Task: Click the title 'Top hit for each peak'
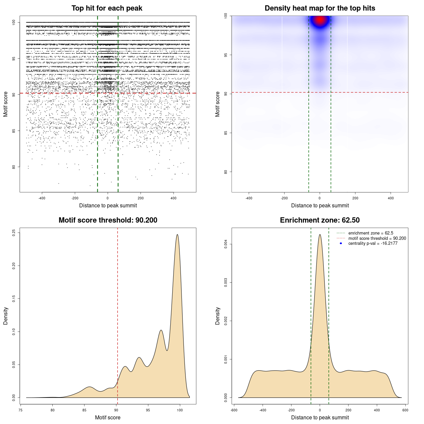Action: (x=107, y=8)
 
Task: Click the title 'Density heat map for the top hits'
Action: (x=320, y=8)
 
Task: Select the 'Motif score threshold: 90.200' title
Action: (x=108, y=220)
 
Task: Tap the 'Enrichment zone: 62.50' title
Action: (x=320, y=220)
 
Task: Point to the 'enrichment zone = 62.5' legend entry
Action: (x=370, y=233)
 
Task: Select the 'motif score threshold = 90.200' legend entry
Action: (x=377, y=238)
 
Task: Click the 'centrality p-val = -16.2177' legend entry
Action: (x=373, y=243)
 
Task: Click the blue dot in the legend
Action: (x=341, y=243)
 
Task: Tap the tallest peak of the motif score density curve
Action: (x=178, y=235)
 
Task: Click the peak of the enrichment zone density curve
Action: (x=320, y=235)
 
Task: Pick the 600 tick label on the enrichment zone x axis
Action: (x=405, y=410)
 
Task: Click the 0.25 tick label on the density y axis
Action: (x=14, y=233)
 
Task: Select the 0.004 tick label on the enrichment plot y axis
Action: (x=226, y=244)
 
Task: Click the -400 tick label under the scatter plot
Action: (x=42, y=198)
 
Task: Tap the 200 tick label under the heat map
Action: (x=355, y=198)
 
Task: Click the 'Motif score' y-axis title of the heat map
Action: (x=218, y=104)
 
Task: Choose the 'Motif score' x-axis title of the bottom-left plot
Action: (x=108, y=417)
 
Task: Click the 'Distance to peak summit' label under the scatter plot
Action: (x=108, y=205)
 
